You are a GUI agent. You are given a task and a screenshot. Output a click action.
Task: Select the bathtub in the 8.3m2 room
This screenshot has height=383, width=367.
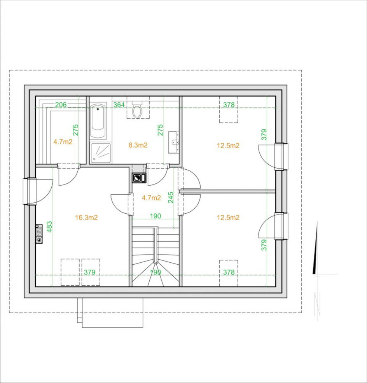click(98, 121)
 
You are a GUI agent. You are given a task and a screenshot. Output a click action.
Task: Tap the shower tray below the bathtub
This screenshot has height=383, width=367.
click(100, 153)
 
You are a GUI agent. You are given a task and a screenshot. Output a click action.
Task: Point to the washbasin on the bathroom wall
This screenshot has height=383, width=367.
click(174, 142)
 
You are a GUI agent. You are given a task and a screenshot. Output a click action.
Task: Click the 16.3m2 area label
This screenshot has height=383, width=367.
click(86, 218)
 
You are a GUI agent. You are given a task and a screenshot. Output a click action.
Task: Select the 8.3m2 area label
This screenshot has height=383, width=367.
click(138, 145)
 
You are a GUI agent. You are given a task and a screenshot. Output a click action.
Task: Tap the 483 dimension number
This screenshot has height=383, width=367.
click(49, 227)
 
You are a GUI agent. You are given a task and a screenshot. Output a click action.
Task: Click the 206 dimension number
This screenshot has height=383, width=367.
click(61, 105)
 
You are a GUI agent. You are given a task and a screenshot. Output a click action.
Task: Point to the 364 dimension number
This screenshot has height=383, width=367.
click(119, 105)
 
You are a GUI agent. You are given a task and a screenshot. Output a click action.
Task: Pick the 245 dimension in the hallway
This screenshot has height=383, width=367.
click(171, 197)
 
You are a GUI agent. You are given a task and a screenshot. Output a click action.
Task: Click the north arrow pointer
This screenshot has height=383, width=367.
click(316, 248)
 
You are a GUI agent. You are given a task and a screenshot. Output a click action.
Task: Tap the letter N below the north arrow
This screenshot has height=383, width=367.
click(317, 304)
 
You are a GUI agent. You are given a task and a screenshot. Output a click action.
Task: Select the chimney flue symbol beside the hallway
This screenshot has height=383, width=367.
click(139, 178)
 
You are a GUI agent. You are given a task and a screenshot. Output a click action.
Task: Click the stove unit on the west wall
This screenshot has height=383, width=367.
click(39, 234)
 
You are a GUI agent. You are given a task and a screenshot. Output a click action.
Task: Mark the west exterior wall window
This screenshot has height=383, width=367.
click(30, 191)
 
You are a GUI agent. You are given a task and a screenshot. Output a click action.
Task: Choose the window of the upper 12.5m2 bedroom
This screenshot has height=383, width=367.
click(281, 156)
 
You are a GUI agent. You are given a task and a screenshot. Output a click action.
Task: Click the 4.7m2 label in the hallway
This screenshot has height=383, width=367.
click(151, 198)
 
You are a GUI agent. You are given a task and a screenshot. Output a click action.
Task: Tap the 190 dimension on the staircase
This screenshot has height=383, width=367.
click(156, 272)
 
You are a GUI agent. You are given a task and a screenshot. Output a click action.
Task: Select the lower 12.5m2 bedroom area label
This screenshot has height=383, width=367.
click(228, 218)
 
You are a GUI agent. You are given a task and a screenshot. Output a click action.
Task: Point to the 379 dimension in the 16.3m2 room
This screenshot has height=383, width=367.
click(89, 272)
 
